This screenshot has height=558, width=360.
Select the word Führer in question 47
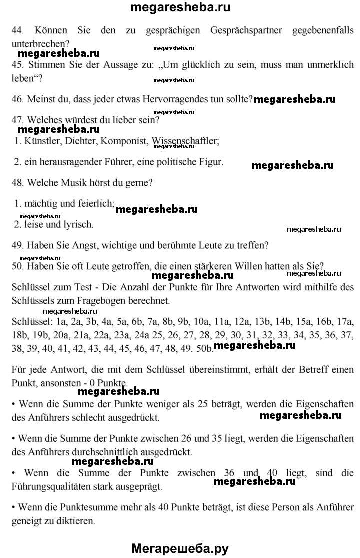click(112, 162)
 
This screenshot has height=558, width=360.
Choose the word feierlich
click(96, 204)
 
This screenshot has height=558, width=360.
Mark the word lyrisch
click(78, 224)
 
